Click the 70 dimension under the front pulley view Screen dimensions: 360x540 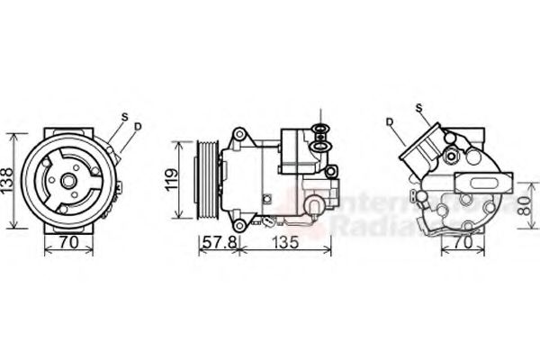(67, 242)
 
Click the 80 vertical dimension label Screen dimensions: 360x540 (524, 205)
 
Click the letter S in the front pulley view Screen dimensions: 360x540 (124, 116)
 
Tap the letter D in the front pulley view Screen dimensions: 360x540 (137, 126)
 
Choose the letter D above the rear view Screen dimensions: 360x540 (390, 121)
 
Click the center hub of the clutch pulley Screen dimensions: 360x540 (67, 180)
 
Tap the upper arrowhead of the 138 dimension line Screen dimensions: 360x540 (13, 136)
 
